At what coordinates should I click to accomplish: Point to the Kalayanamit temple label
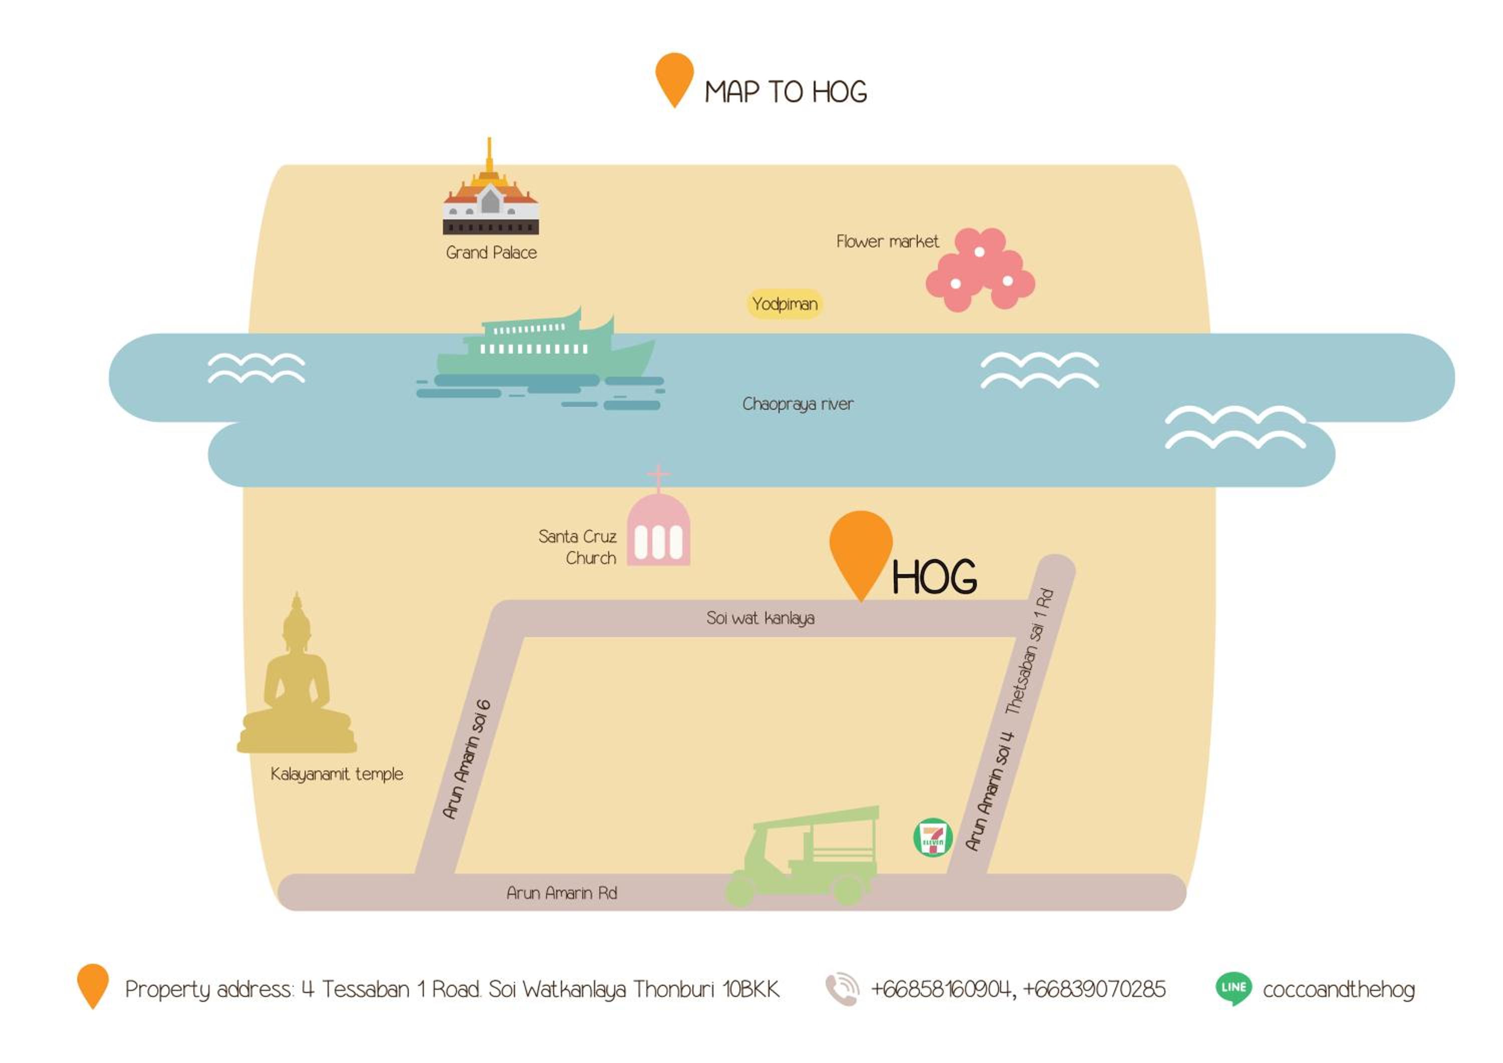(x=337, y=774)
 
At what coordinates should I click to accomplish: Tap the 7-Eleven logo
(x=933, y=837)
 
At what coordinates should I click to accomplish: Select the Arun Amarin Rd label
(x=562, y=893)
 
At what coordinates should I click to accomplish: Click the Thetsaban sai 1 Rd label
(x=1030, y=651)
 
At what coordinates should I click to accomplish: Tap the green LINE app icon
(x=1234, y=988)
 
